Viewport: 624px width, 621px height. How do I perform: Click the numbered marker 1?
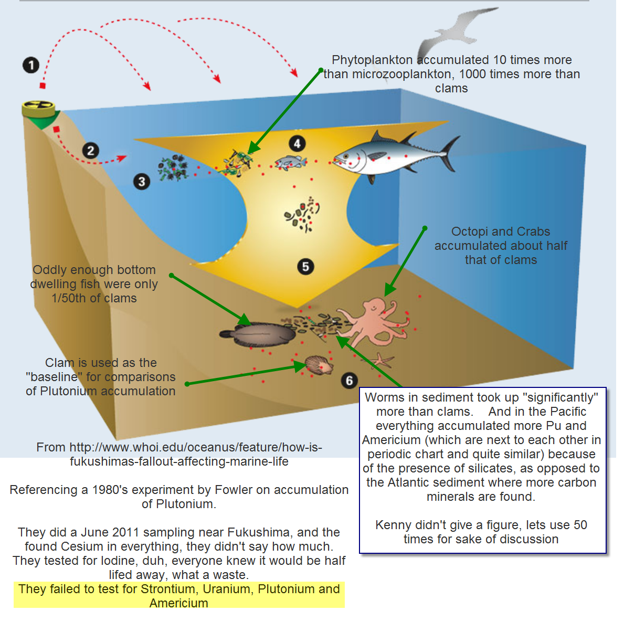click(x=31, y=65)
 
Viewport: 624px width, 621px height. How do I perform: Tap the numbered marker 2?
click(x=91, y=151)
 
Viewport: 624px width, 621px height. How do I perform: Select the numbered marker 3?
click(x=142, y=182)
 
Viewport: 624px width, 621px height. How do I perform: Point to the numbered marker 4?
click(x=297, y=143)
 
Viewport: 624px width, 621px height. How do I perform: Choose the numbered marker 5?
click(x=305, y=267)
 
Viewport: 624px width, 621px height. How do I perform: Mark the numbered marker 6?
click(x=350, y=381)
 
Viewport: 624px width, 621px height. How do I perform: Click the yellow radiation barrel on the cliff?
click(x=38, y=108)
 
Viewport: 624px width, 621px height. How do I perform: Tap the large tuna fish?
click(x=388, y=155)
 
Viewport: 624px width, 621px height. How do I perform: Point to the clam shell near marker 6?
click(x=318, y=364)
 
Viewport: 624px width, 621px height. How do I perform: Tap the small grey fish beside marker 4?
click(x=290, y=163)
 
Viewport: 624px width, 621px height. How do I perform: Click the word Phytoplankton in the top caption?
click(x=372, y=60)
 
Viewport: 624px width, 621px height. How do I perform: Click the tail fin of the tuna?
click(x=450, y=153)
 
